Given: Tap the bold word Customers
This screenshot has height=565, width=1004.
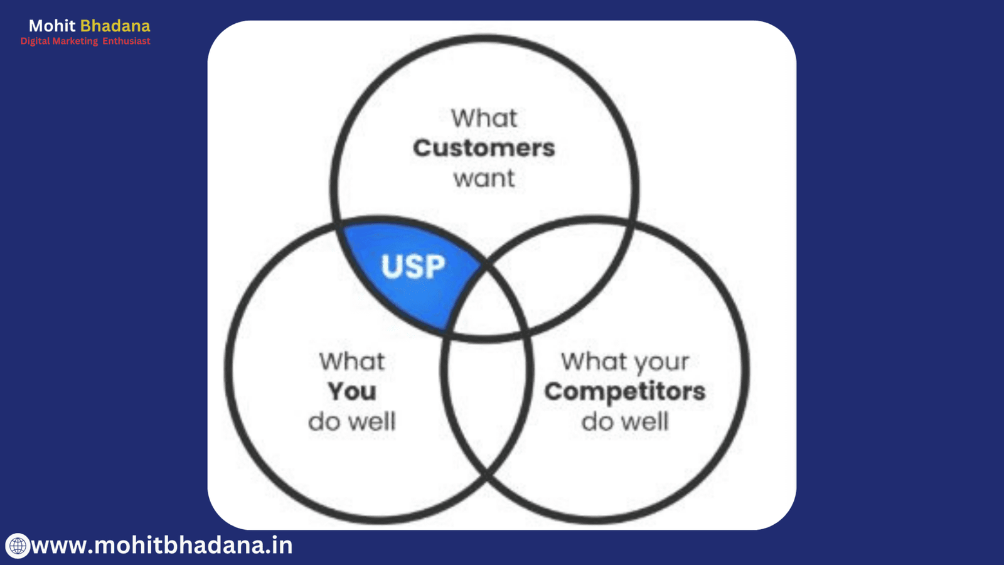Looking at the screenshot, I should [484, 148].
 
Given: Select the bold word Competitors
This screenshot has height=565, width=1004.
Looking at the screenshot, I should [624, 391].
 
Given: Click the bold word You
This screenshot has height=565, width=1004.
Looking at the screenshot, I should [352, 391].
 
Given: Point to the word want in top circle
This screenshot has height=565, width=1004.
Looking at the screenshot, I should [484, 178].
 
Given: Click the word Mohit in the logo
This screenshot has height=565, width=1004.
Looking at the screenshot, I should [52, 26].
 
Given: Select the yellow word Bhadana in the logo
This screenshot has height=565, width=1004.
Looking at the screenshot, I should [115, 26].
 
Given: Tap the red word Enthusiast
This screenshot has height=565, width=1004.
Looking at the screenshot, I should [126, 41].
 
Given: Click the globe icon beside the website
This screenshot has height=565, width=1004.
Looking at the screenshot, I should [18, 546].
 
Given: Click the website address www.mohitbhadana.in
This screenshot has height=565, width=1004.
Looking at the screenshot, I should [162, 545].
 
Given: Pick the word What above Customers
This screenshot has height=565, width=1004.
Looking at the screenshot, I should [484, 118].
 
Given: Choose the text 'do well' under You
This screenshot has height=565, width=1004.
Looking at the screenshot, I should [352, 421].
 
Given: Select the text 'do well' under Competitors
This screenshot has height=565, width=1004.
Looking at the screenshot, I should [624, 421].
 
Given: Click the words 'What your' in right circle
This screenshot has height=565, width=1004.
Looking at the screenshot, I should [624, 362].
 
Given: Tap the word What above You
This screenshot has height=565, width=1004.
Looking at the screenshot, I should [352, 362].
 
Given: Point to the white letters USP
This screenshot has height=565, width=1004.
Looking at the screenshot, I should [413, 267].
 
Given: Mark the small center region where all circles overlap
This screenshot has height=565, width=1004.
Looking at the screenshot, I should [486, 308].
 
